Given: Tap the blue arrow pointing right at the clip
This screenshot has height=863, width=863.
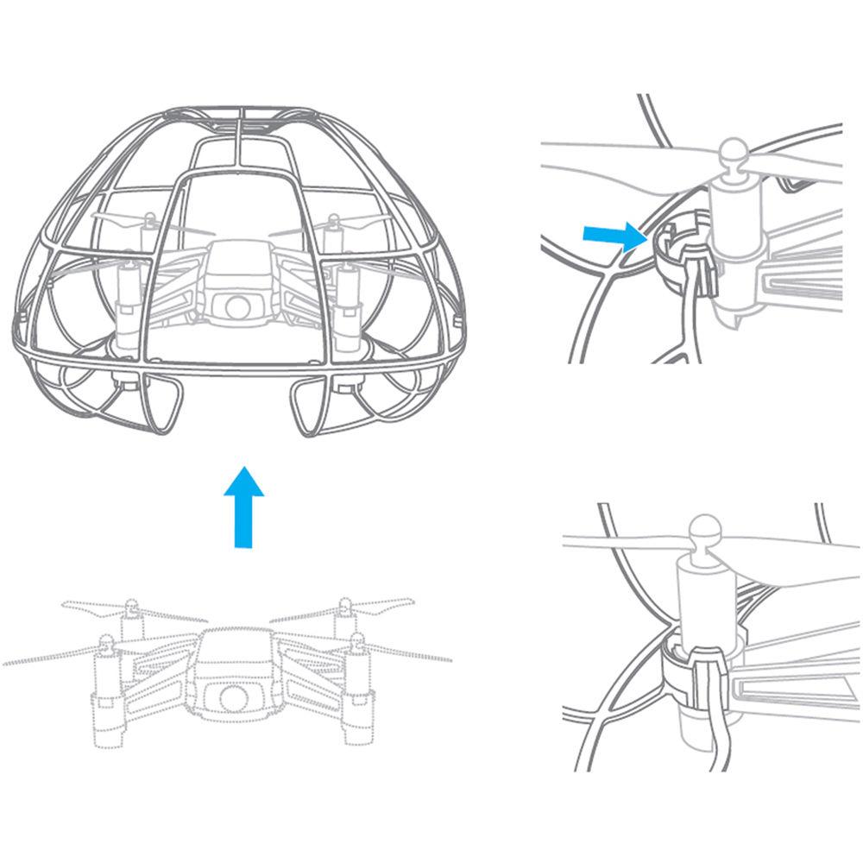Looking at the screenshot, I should click(613, 236).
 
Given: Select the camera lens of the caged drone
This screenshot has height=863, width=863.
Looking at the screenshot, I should click(236, 306).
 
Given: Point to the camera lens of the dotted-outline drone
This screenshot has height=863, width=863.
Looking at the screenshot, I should click(229, 696).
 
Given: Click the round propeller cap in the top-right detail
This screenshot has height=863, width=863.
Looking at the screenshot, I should click(733, 154).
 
